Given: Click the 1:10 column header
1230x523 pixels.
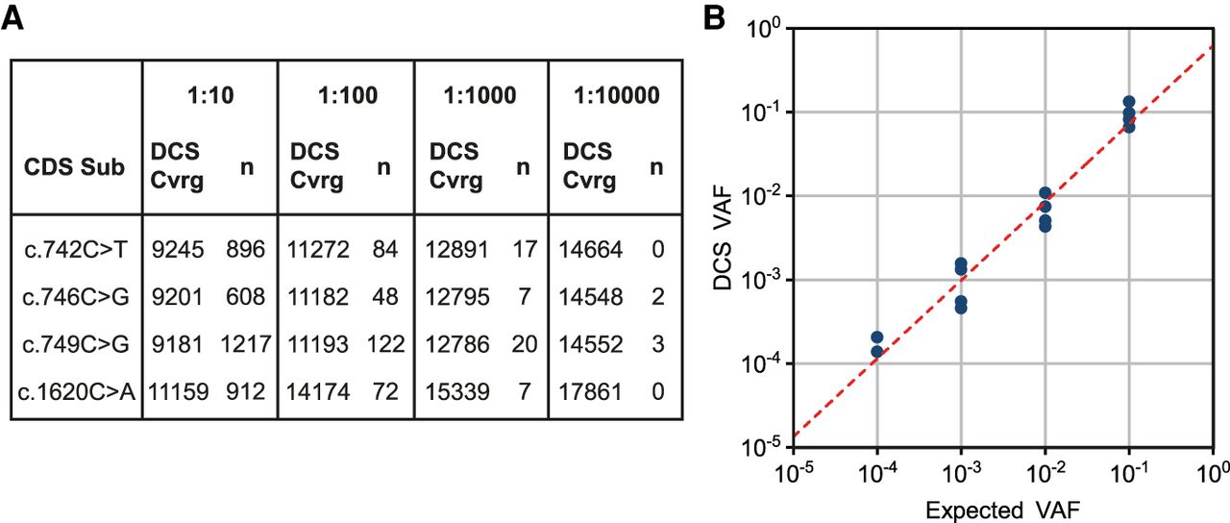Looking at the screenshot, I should pos(209,95).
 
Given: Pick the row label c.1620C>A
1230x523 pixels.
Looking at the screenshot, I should pos(75,392).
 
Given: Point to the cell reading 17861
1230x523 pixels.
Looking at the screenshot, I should pos(593,392).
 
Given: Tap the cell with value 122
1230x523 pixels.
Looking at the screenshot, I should pos(384,345).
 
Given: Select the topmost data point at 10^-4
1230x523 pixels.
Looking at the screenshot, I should pos(876,337).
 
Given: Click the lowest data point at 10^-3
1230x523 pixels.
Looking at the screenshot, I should pos(961,309).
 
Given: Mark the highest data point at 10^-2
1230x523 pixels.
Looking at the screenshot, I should pos(1045,193).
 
